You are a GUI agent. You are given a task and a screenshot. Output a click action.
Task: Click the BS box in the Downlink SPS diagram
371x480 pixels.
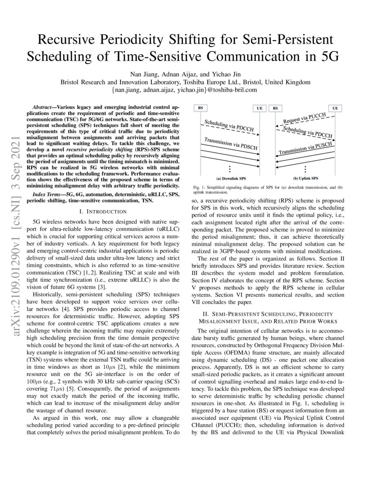pyautogui.click(x=200, y=108)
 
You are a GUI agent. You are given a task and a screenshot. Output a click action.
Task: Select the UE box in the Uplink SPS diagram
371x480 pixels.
pyautogui.click(x=335, y=108)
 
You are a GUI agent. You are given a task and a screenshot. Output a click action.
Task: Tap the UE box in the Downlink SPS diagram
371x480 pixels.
pyautogui.click(x=259, y=108)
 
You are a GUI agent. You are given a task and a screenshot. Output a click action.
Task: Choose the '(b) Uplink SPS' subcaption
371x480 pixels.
pyautogui.click(x=305, y=178)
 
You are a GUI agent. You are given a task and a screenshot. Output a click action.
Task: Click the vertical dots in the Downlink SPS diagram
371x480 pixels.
pyautogui.click(x=230, y=169)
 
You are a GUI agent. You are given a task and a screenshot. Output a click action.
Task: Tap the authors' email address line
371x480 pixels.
pyautogui.click(x=185, y=89)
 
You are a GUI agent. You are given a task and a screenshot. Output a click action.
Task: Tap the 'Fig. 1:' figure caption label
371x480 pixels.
pyautogui.click(x=200, y=188)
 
